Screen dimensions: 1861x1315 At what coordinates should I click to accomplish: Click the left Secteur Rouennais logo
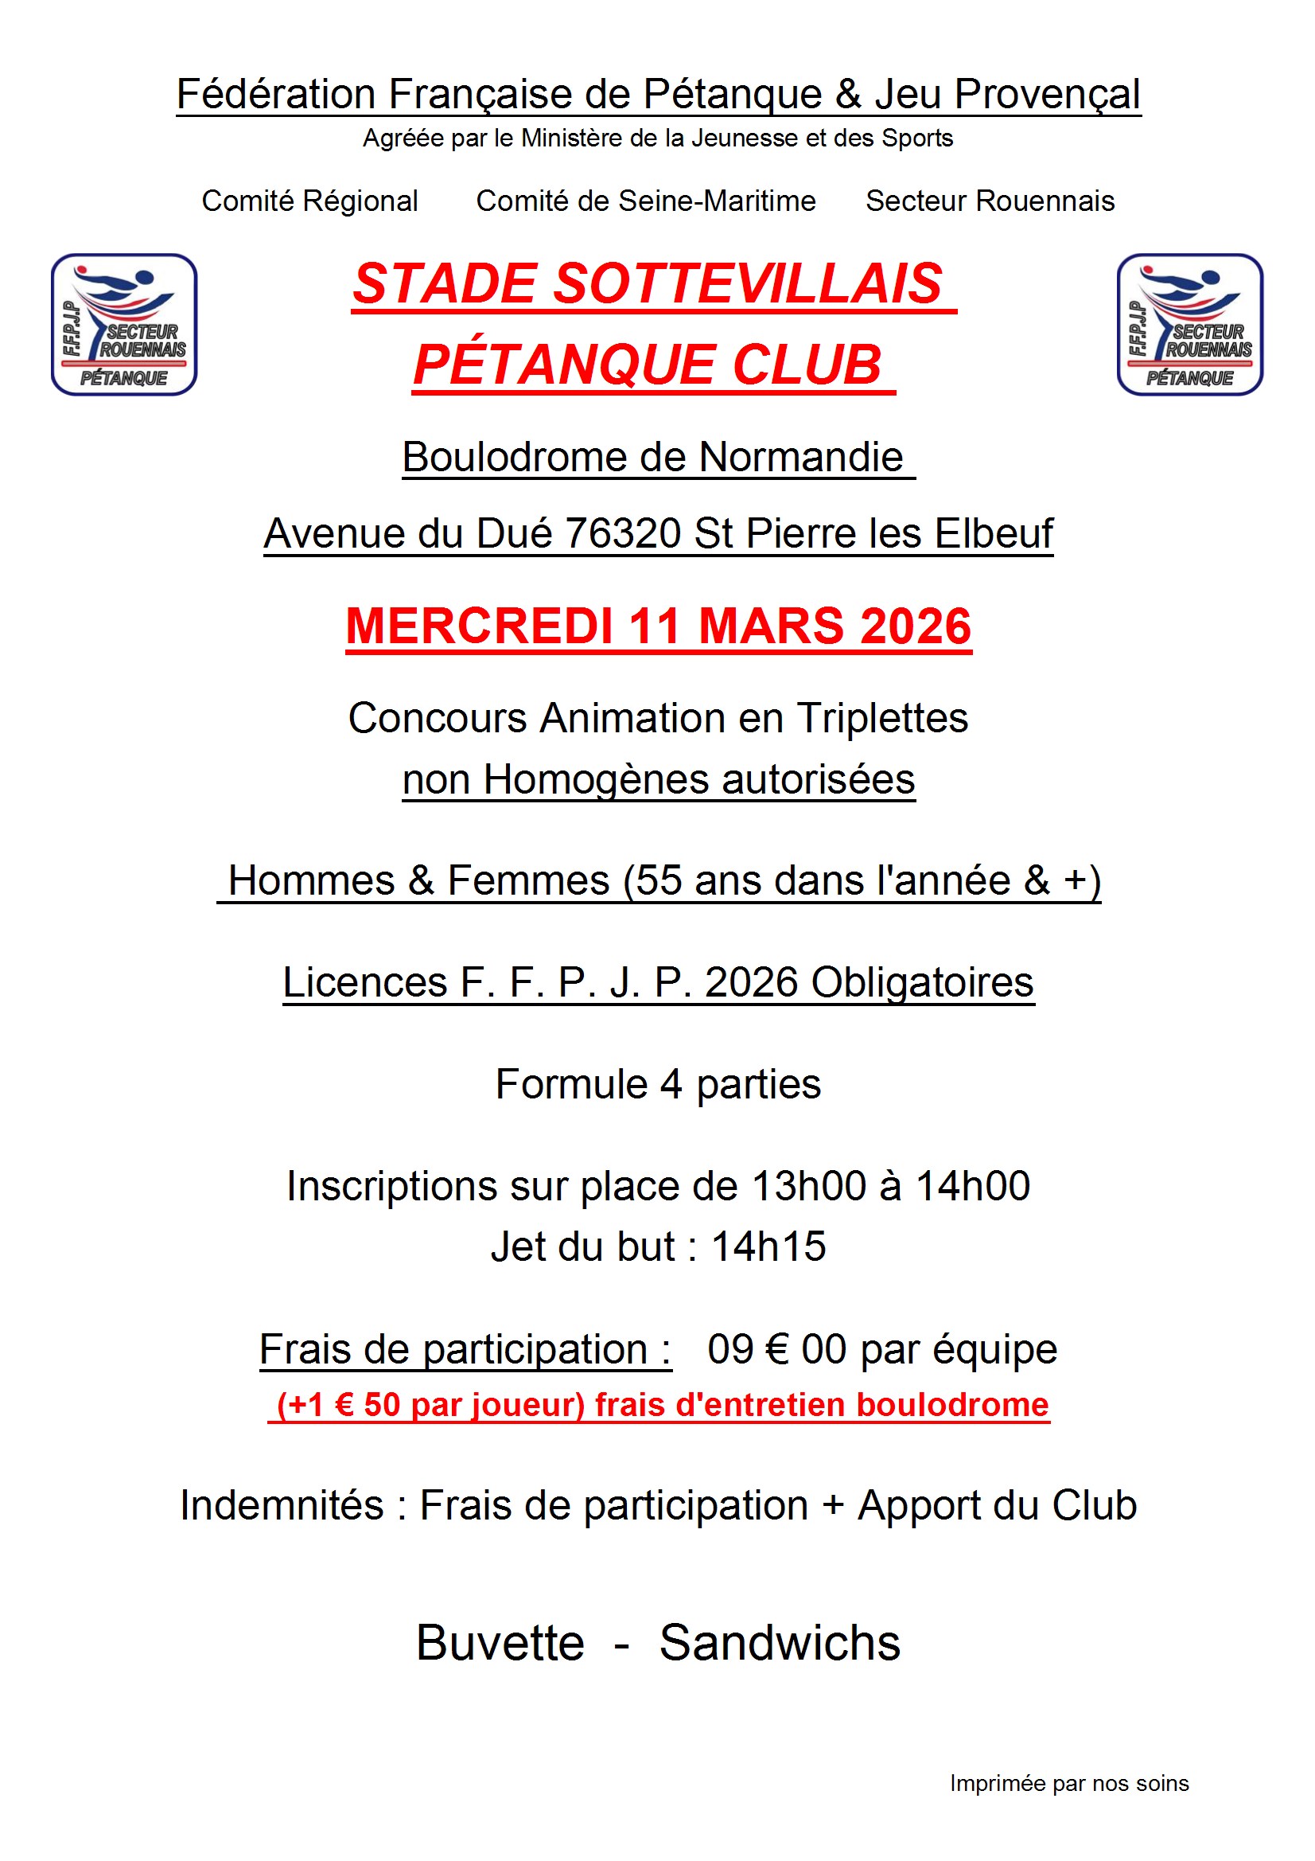click(x=124, y=324)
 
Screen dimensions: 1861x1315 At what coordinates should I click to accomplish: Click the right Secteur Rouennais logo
click(x=1189, y=324)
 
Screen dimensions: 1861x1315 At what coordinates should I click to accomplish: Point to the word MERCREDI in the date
click(x=478, y=626)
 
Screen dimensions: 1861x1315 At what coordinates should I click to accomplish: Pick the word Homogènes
click(x=597, y=780)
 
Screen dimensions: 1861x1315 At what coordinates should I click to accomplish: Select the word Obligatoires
click(x=922, y=982)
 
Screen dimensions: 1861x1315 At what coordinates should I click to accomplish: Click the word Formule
click(x=571, y=1084)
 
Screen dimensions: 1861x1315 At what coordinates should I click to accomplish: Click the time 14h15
click(x=768, y=1247)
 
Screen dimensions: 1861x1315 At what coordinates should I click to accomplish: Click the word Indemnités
click(x=282, y=1506)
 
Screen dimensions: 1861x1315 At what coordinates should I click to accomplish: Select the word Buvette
click(x=500, y=1643)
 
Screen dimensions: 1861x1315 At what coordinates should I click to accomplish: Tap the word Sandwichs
click(x=780, y=1643)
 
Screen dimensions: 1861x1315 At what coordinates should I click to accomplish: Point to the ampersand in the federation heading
click(x=847, y=94)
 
